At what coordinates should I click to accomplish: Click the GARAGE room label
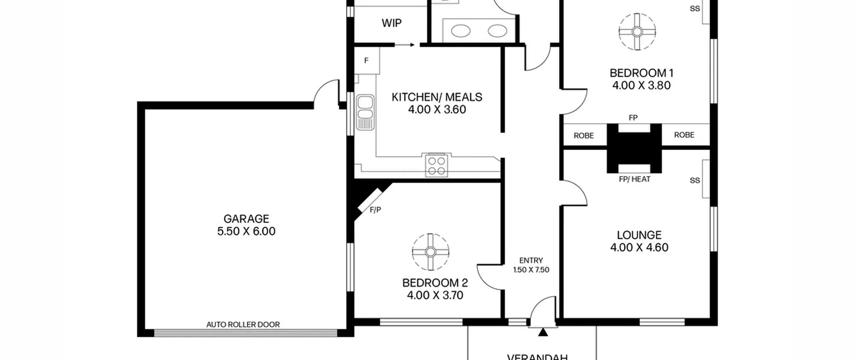coord(246,219)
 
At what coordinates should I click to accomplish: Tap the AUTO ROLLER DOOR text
coord(243,324)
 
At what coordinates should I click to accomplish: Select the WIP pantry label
coord(391,23)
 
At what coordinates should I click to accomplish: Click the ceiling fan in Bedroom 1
coord(637,32)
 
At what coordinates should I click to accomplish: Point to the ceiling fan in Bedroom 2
coord(431,252)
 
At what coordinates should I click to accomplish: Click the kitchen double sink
coord(365,112)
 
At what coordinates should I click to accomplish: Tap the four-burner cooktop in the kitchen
coord(437,165)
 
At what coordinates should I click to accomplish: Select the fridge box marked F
coord(367,61)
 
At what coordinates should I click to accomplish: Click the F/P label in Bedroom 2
coord(375,210)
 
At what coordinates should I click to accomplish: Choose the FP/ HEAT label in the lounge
coord(634,179)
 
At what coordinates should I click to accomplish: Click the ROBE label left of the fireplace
coord(583,136)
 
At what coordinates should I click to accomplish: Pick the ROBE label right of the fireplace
coord(684,135)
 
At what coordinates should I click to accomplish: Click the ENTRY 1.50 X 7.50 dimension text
coord(531,265)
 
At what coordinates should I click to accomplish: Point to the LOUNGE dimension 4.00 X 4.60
coord(639,247)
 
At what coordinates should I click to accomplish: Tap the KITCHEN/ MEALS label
coord(437,97)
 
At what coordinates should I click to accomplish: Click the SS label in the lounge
coord(695,181)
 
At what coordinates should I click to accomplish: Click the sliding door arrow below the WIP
coord(405,45)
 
